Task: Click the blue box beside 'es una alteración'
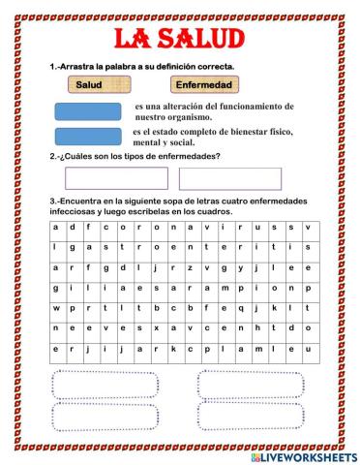coord(88,110)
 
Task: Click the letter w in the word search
coord(58,308)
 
